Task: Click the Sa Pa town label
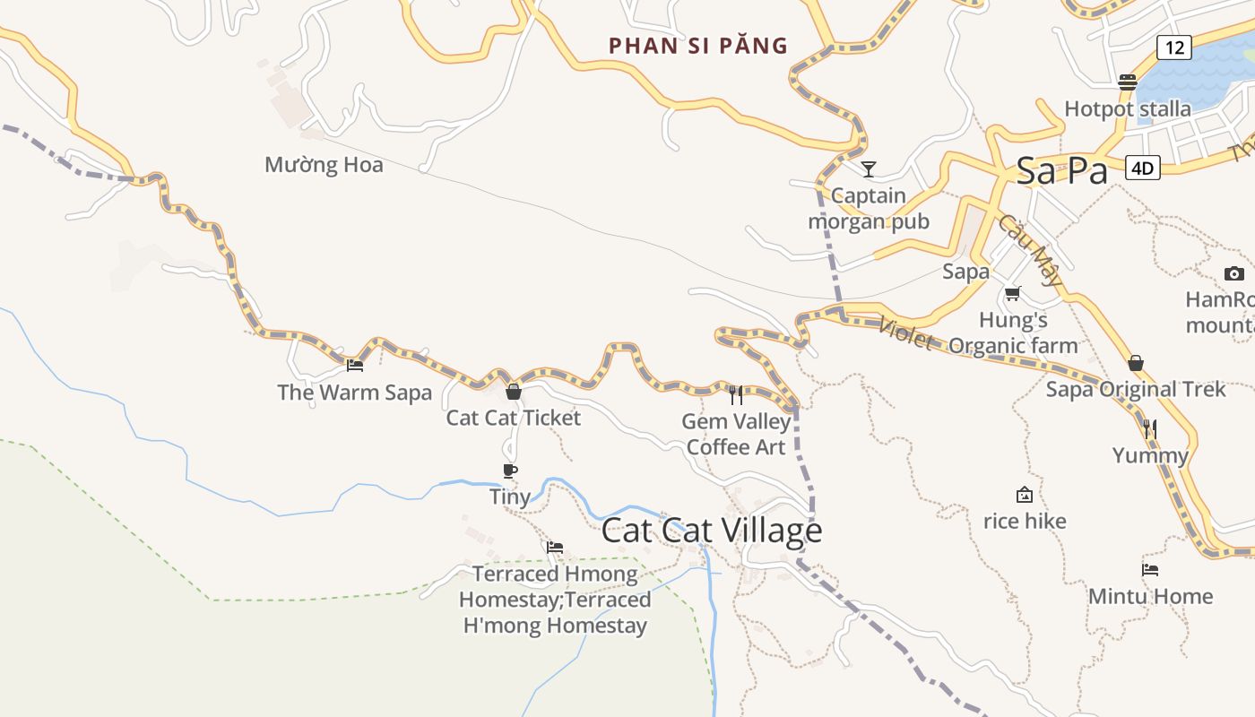point(1061,171)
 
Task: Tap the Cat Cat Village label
point(712,531)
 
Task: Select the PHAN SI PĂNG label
point(698,46)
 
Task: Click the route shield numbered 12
point(1173,48)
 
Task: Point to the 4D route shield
point(1142,168)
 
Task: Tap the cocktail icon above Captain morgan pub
point(868,168)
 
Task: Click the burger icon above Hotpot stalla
point(1128,82)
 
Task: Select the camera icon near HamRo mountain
point(1234,273)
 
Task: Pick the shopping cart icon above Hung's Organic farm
point(1013,293)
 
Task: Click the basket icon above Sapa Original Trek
point(1136,363)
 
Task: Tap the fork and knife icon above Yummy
point(1151,429)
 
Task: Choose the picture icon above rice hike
point(1024,495)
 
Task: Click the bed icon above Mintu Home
point(1150,569)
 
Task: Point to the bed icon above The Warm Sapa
point(355,366)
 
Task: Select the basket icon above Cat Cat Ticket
point(514,392)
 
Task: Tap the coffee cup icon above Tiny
point(510,471)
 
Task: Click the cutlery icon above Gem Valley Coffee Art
point(736,395)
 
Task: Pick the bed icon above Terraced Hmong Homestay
point(555,548)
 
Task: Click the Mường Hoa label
point(324,165)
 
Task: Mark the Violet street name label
point(905,335)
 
